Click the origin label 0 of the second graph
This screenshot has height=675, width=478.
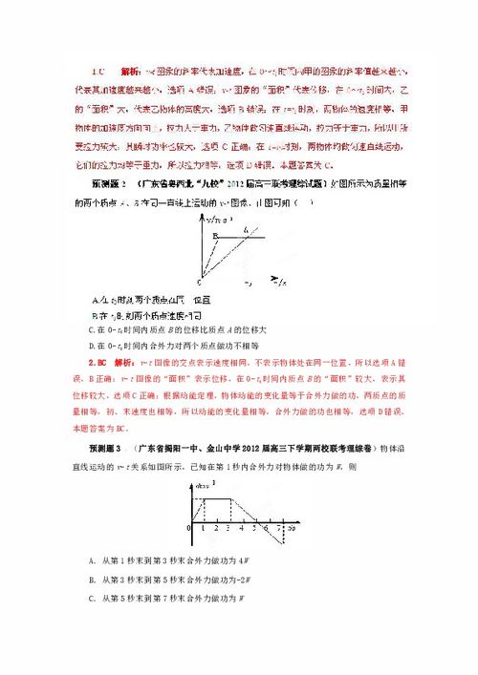(190, 528)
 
